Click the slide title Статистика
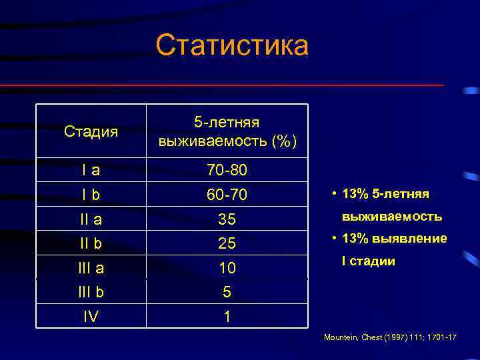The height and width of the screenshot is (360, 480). point(232,47)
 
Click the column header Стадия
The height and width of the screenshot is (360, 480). point(91,131)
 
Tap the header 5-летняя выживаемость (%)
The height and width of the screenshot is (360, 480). point(227,131)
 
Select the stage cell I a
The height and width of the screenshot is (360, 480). point(91,171)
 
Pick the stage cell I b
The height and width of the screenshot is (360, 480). point(91,195)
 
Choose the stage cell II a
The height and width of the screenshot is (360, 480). point(91,219)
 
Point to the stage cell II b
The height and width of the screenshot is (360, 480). point(91,243)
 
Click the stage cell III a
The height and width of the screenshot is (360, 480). point(91,267)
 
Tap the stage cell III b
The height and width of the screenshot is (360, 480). point(91,291)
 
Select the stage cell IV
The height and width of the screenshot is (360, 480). point(91,316)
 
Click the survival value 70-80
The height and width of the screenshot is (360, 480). point(227,171)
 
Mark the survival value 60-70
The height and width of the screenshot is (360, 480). point(227,195)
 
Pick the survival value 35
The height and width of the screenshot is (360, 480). point(227,219)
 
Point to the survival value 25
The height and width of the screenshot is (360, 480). point(227,243)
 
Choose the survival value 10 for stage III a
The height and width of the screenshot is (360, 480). point(227,267)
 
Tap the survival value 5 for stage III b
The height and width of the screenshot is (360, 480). point(227,291)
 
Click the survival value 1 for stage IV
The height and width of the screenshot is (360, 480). point(227,316)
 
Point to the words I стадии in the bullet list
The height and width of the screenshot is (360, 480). point(368,261)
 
